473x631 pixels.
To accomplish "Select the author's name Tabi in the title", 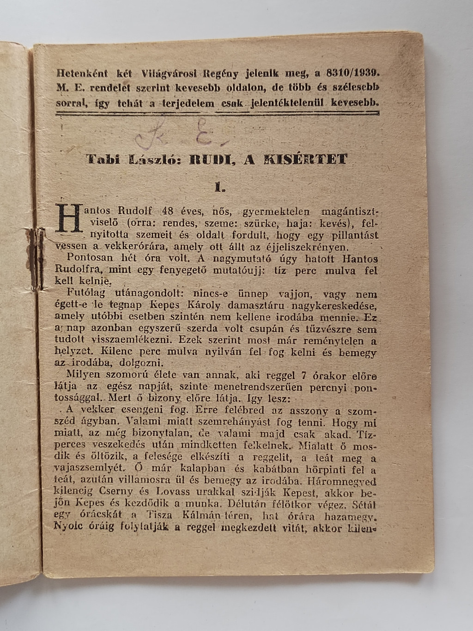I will coord(103,159).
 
